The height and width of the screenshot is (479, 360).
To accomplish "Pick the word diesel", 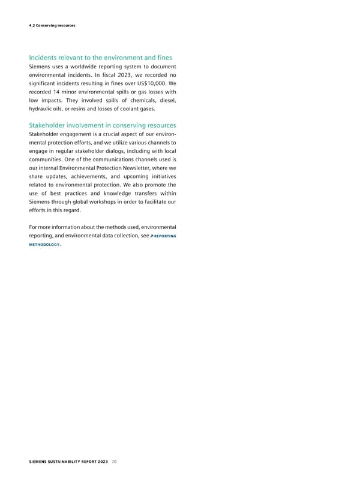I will click(x=166, y=98).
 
